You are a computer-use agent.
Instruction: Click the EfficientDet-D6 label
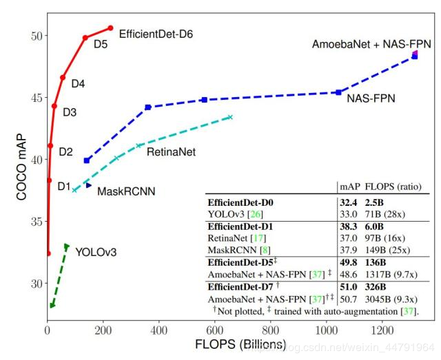[155, 33]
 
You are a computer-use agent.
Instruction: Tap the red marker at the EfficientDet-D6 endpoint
[110, 28]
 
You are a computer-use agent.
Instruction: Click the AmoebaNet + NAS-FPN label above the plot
[371, 44]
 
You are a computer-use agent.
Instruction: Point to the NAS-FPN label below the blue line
[371, 98]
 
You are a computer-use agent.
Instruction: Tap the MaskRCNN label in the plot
[125, 191]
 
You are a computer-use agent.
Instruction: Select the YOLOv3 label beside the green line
[96, 252]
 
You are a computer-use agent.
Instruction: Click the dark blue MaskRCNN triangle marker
[88, 186]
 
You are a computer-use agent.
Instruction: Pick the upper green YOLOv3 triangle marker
[67, 246]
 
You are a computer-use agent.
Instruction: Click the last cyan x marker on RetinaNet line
[230, 117]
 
